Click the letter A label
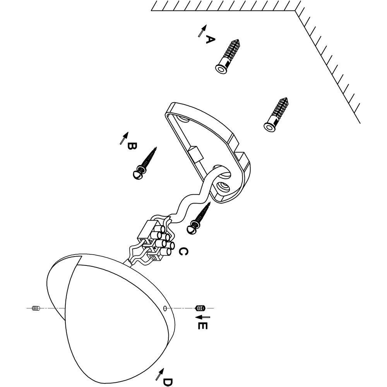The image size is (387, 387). (x=209, y=39)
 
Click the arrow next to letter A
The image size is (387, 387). (x=201, y=31)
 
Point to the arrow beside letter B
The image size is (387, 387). (x=124, y=138)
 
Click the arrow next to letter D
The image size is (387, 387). (x=158, y=374)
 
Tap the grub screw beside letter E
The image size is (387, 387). (x=200, y=308)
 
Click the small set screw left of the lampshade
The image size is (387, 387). (x=36, y=308)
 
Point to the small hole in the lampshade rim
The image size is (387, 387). (x=165, y=308)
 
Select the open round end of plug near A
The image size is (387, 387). (x=221, y=69)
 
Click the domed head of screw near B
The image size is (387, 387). (x=137, y=175)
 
